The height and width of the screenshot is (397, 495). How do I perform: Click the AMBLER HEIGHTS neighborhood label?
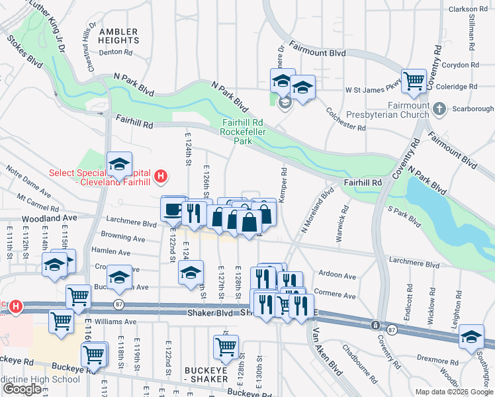[x=118, y=36]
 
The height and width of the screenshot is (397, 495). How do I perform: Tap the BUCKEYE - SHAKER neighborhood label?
[x=191, y=374]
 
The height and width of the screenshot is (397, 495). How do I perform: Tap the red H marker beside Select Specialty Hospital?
[x=159, y=177]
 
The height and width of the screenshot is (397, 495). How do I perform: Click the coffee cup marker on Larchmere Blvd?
[x=173, y=209]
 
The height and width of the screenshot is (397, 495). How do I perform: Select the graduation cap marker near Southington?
[x=471, y=337]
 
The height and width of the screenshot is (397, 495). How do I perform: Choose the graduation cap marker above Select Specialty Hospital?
[x=120, y=164]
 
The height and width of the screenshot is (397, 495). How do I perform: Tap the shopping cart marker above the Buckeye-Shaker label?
[x=226, y=345]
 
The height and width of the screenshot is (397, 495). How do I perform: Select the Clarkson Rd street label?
[x=468, y=9]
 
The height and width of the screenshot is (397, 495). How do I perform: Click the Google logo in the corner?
[x=22, y=389]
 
